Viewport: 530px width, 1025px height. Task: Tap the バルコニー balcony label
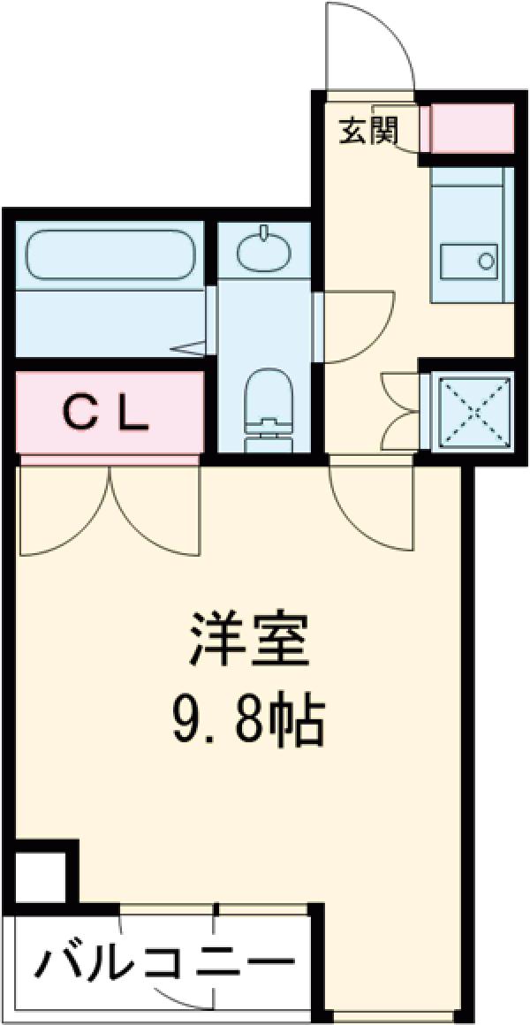click(x=163, y=961)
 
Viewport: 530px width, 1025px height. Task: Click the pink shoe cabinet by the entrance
click(x=472, y=128)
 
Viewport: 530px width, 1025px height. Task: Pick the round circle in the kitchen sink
click(x=486, y=261)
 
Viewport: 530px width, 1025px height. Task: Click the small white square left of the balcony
click(x=40, y=877)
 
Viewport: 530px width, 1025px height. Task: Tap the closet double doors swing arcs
click(x=110, y=512)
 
